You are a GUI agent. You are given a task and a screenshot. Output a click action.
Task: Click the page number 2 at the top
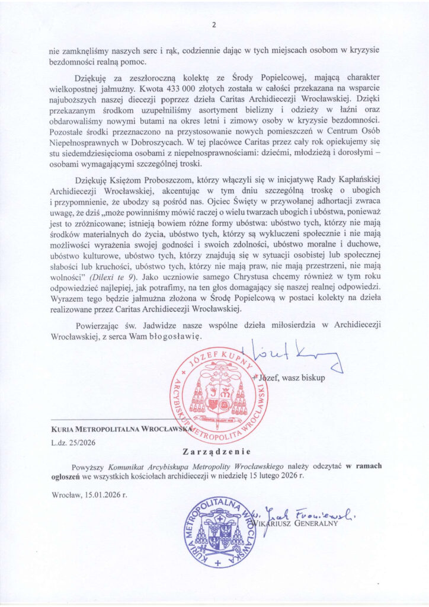tap(214, 25)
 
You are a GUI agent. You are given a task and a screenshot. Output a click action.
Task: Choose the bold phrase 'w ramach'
tap(364, 466)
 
